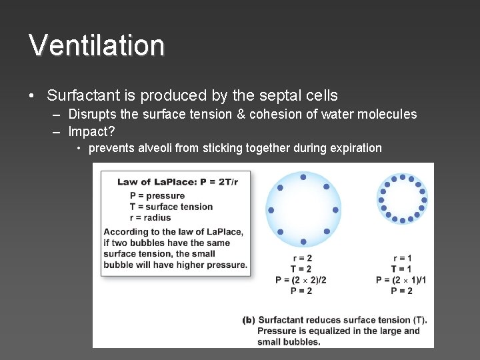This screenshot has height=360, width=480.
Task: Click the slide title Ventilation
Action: (x=97, y=45)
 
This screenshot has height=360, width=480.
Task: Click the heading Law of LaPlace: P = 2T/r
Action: (x=177, y=182)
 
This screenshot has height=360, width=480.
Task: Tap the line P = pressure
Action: (x=157, y=195)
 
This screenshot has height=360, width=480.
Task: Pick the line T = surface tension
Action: (x=171, y=207)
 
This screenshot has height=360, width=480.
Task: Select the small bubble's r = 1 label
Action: (x=402, y=258)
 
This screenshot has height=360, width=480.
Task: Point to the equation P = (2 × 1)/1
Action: (x=401, y=280)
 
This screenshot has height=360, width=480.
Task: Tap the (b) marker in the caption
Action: (x=249, y=320)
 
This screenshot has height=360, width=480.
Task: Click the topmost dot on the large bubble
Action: (x=303, y=177)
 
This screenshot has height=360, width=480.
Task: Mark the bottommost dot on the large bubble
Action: (x=303, y=241)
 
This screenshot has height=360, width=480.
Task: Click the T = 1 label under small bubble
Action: (x=401, y=269)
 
